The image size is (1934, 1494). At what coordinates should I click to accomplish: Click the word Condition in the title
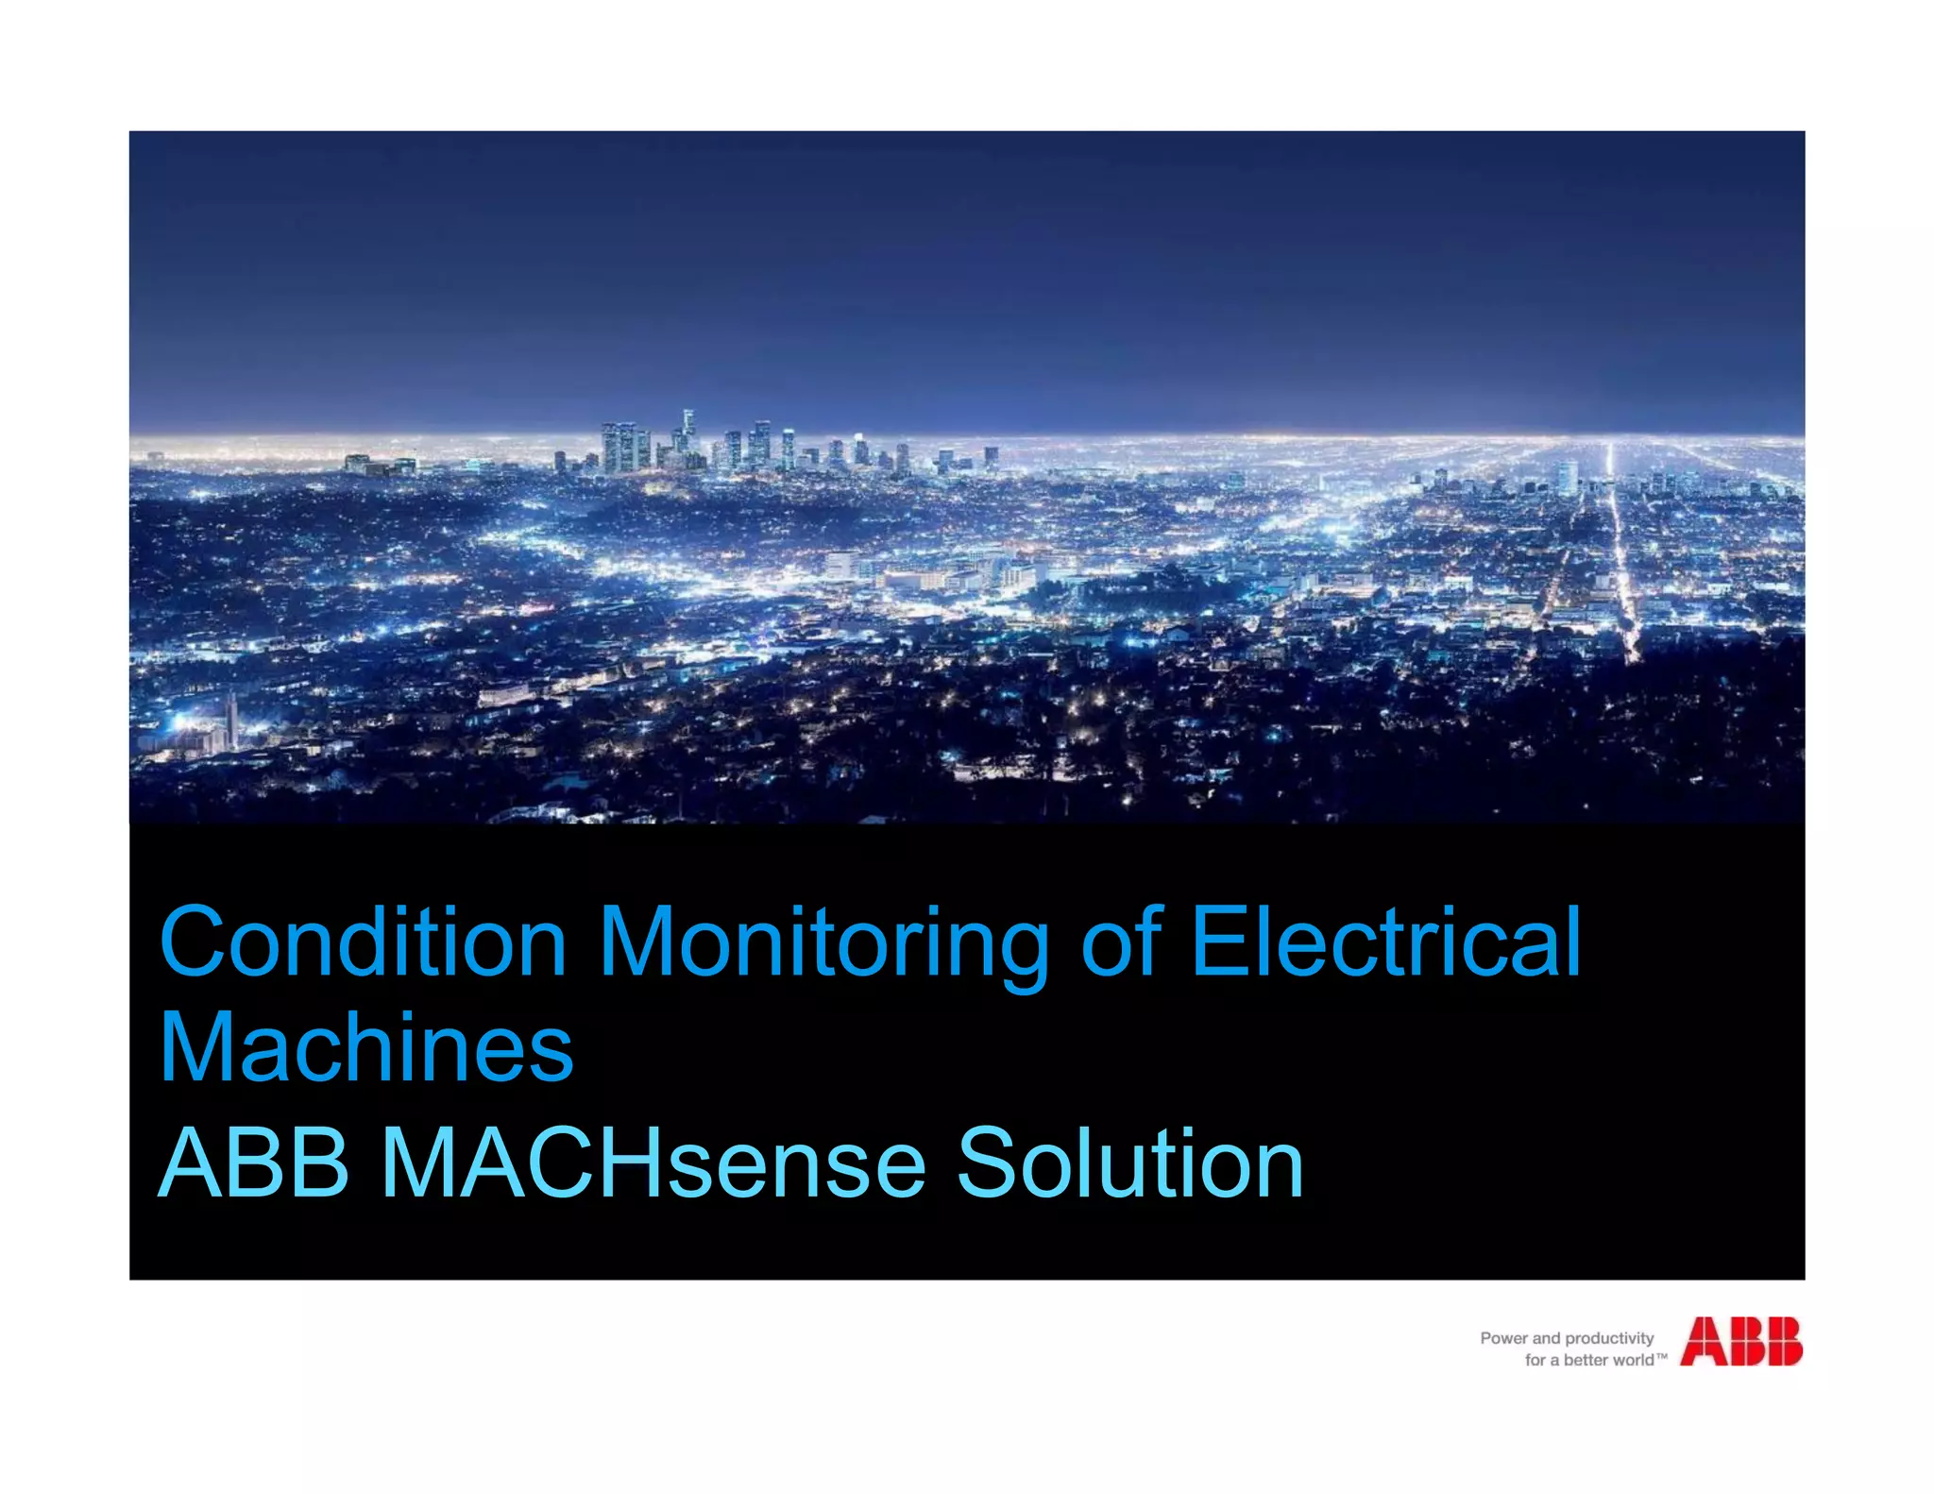[x=364, y=942]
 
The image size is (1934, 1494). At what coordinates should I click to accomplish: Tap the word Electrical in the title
[x=1385, y=942]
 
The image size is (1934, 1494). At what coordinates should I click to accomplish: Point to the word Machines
[x=366, y=1048]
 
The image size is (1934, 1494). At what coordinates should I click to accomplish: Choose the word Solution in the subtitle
[x=1129, y=1163]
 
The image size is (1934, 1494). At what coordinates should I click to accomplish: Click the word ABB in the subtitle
[x=254, y=1163]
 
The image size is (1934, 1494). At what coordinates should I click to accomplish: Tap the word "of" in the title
[x=1120, y=942]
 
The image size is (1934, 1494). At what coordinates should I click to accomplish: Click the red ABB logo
[x=1740, y=1342]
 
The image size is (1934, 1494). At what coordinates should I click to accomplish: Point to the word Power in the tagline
[x=1503, y=1338]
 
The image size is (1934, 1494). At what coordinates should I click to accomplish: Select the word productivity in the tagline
[x=1609, y=1338]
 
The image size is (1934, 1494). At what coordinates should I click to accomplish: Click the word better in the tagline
[x=1586, y=1360]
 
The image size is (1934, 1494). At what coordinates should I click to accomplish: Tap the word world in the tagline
[x=1633, y=1360]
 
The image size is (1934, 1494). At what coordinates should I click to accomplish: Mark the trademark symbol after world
[x=1662, y=1356]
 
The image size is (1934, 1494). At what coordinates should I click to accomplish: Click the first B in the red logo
[x=1743, y=1342]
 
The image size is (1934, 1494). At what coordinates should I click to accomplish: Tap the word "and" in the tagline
[x=1546, y=1338]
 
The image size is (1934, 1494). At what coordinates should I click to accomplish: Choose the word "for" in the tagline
[x=1535, y=1360]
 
